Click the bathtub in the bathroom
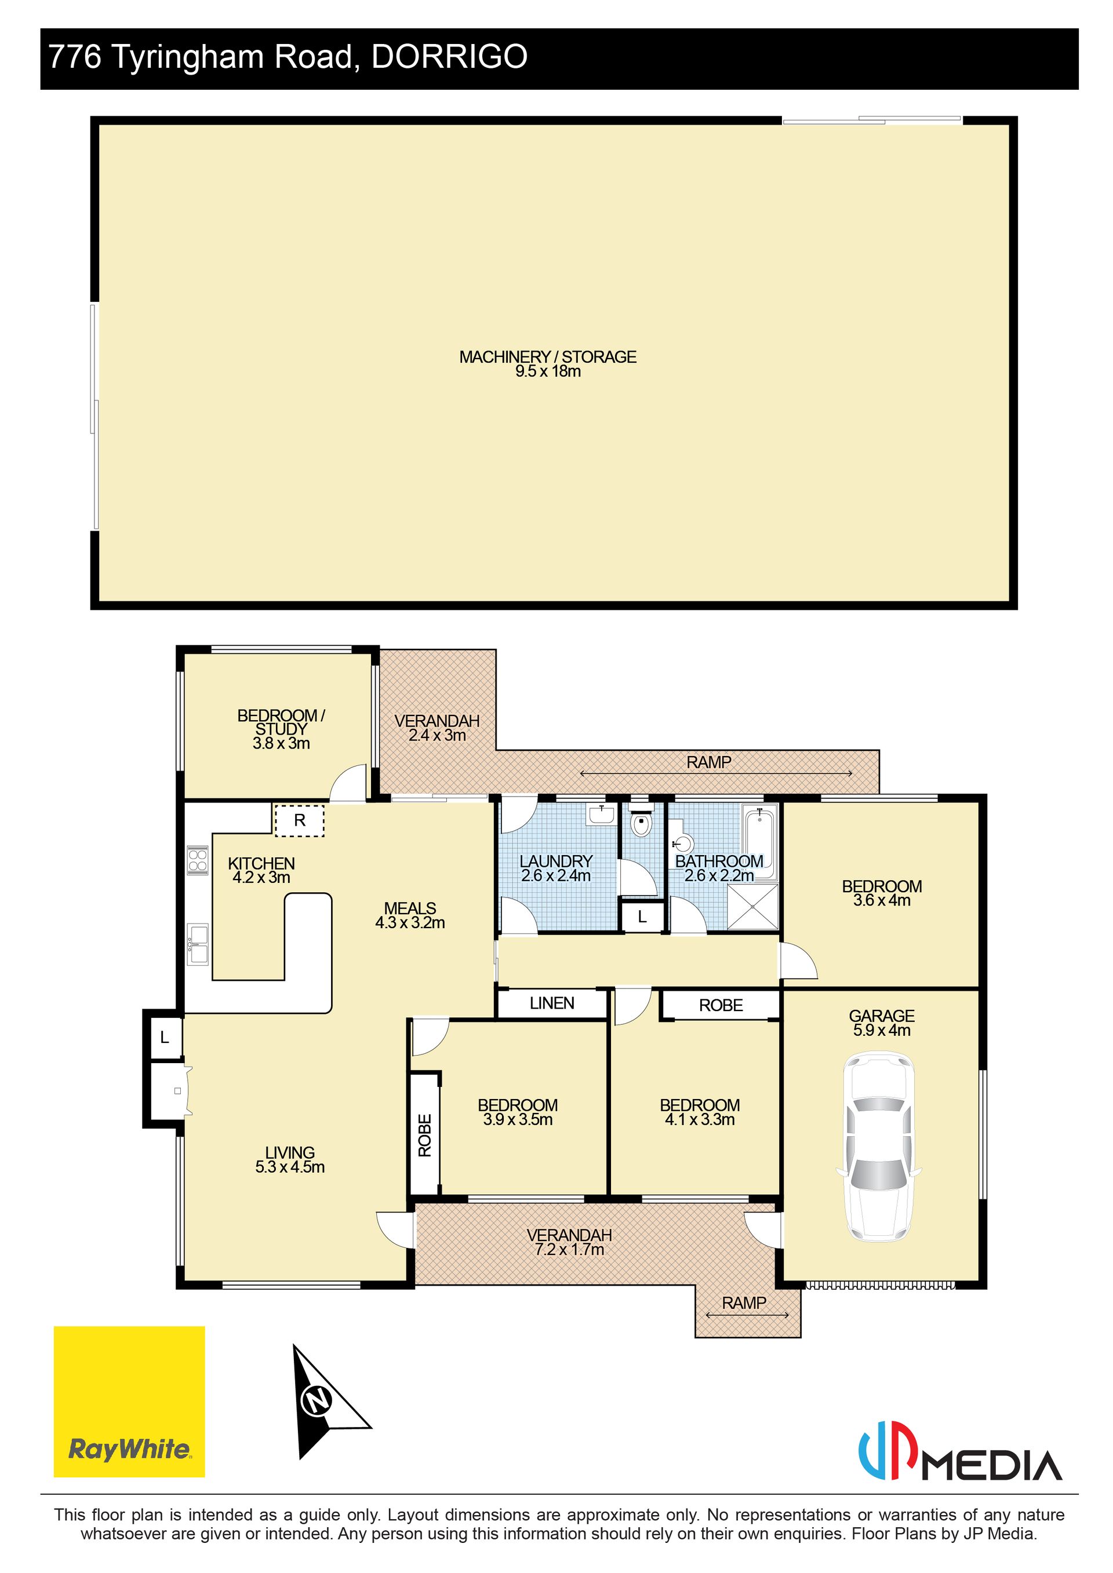click(759, 844)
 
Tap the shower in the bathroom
click(752, 907)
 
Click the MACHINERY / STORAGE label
click(548, 357)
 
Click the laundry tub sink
click(601, 815)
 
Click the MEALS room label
click(410, 908)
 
